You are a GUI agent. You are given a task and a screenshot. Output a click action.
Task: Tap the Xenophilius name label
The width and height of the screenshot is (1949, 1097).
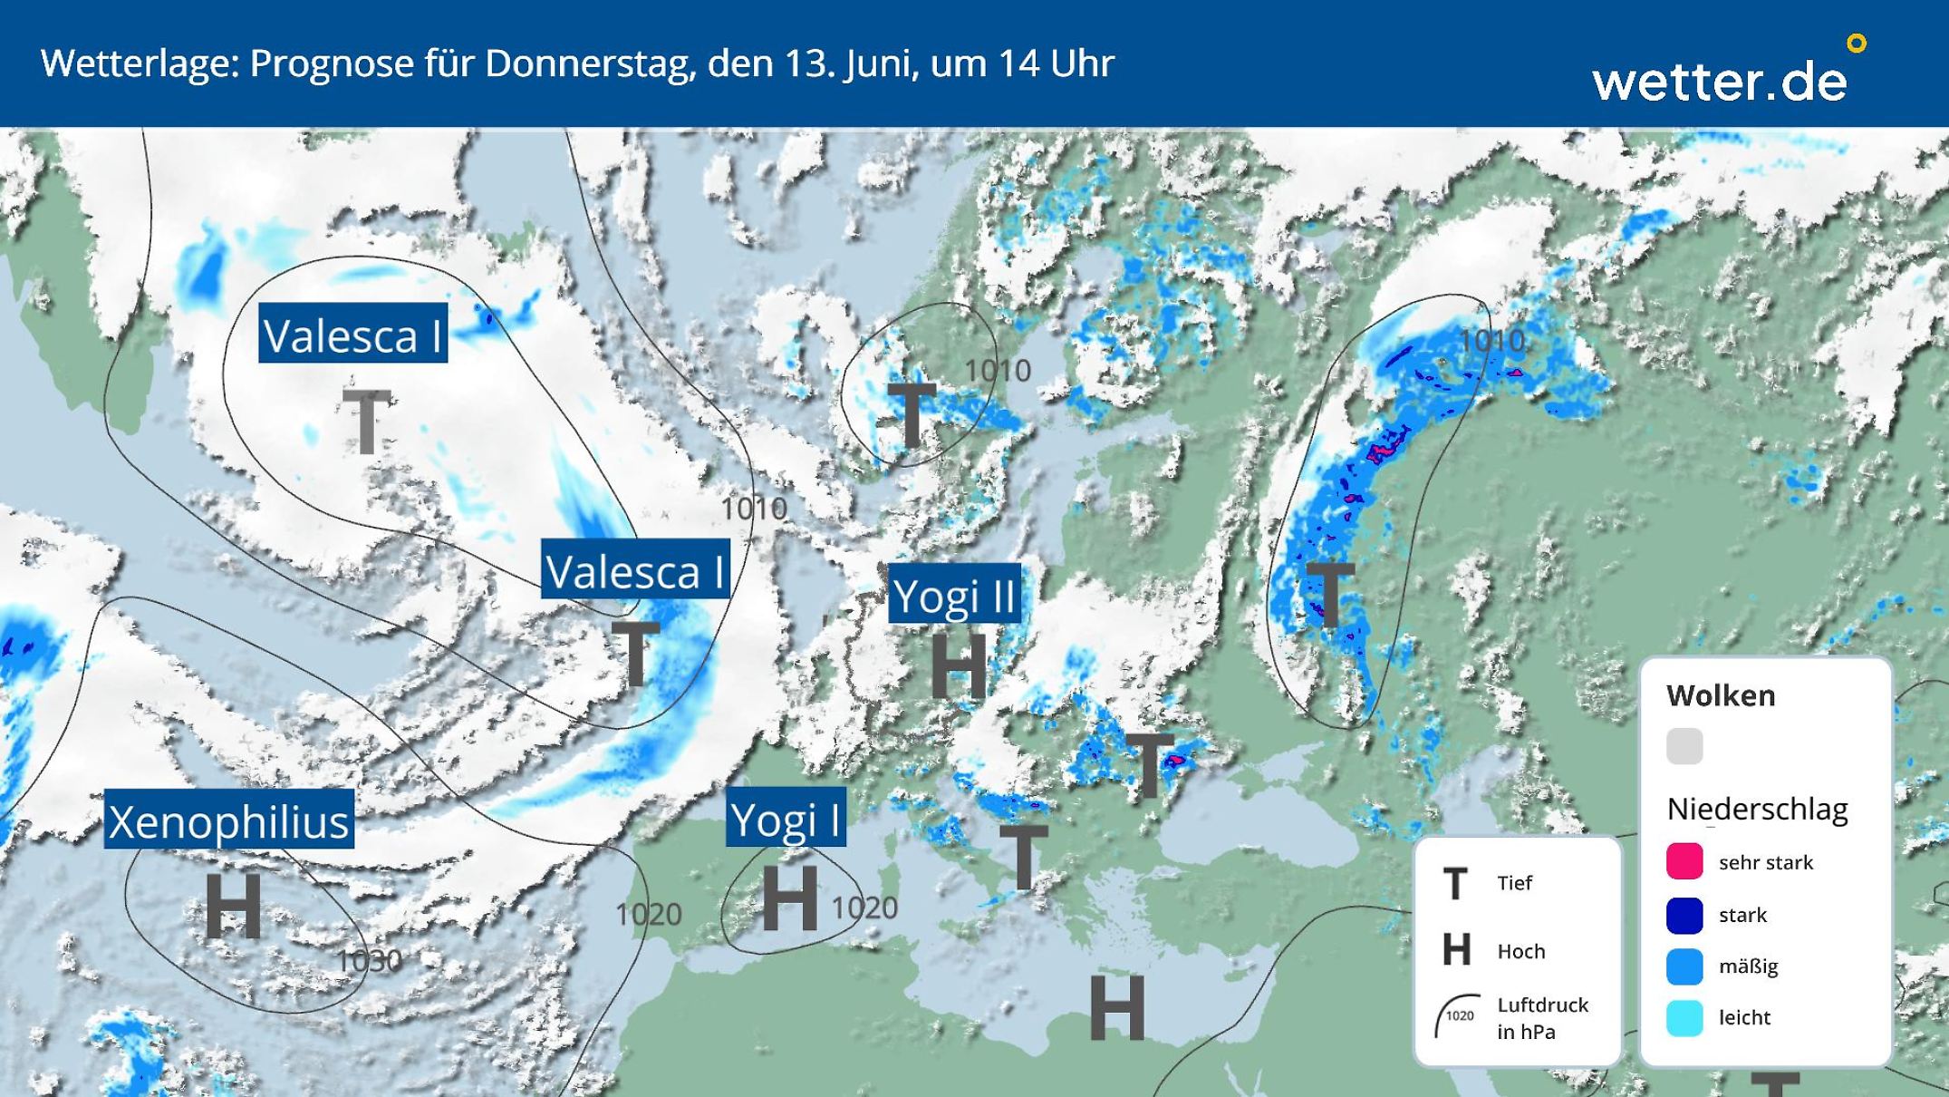coord(228,820)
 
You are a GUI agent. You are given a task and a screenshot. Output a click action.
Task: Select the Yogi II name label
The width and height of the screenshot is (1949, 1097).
coord(954,595)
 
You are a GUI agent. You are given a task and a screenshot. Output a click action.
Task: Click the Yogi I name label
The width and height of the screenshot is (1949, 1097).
coord(786,819)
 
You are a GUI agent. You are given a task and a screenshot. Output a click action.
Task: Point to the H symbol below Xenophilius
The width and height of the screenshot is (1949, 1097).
coord(233,906)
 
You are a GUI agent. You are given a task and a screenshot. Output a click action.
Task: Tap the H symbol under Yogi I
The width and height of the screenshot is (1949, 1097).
coord(790,898)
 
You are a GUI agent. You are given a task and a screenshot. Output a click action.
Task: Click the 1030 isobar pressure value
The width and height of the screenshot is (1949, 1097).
coord(368,960)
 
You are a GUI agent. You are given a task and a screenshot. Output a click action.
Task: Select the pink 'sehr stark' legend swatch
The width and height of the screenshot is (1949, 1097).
coord(1684,861)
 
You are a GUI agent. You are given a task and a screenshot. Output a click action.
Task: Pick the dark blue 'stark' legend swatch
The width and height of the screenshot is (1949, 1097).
coord(1684,915)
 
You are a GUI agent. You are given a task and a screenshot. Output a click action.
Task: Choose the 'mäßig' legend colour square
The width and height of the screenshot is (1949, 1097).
coord(1684,966)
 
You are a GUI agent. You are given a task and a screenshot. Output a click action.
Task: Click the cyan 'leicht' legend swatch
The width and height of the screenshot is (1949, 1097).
coord(1684,1017)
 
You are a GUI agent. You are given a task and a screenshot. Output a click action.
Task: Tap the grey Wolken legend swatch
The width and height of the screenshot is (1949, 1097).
coord(1684,746)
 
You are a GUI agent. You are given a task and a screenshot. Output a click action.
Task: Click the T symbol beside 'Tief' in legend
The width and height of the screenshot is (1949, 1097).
coord(1455,883)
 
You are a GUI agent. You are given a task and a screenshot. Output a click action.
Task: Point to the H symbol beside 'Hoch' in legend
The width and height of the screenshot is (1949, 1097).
coord(1456,950)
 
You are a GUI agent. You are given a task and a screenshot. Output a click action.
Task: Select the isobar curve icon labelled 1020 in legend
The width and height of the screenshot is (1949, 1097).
coord(1457,1015)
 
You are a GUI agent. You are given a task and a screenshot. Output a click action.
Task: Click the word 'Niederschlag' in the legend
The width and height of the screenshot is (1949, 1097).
coord(1757,809)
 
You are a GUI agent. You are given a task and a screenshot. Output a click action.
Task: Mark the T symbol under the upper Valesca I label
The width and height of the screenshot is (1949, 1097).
coord(366,422)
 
